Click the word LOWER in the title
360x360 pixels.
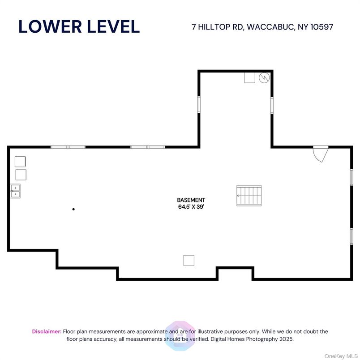point(50,26)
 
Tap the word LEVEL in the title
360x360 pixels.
point(113,26)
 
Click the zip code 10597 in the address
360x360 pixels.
point(321,27)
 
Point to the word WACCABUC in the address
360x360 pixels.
point(270,27)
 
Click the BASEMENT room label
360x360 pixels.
point(191,200)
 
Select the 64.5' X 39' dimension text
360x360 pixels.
point(191,206)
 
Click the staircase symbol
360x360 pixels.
point(249,196)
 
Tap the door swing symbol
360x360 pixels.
point(321,154)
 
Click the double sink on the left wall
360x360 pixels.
point(15,191)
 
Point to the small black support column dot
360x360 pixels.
point(73,209)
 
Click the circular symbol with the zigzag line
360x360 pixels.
point(264,78)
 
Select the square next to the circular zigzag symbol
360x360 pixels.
point(249,77)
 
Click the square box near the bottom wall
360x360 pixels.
point(189,260)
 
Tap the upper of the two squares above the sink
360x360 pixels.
point(20,162)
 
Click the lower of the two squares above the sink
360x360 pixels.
point(21,175)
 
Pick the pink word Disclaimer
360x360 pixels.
point(47,331)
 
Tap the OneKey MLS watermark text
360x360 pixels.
point(341,356)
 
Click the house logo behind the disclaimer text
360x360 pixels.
point(180,336)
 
